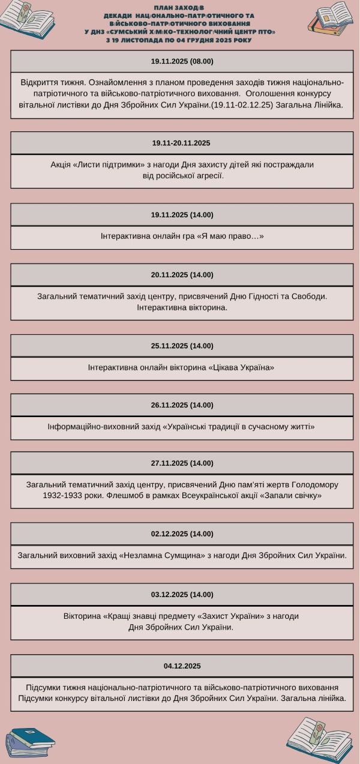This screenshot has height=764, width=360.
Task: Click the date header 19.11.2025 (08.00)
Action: coord(182,61)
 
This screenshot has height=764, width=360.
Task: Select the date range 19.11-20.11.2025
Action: coord(182,143)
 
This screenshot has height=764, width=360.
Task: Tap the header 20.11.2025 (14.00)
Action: coord(182,275)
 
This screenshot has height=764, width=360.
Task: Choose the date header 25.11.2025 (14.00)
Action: coord(182,346)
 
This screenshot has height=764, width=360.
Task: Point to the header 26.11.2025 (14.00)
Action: coord(182,405)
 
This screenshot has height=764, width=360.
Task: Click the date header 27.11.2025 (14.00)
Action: coord(182,463)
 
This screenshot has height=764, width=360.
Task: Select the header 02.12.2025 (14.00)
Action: coord(182,534)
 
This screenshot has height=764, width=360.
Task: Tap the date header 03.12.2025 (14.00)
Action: coord(182,595)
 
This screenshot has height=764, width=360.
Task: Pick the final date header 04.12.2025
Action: coord(182,666)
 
